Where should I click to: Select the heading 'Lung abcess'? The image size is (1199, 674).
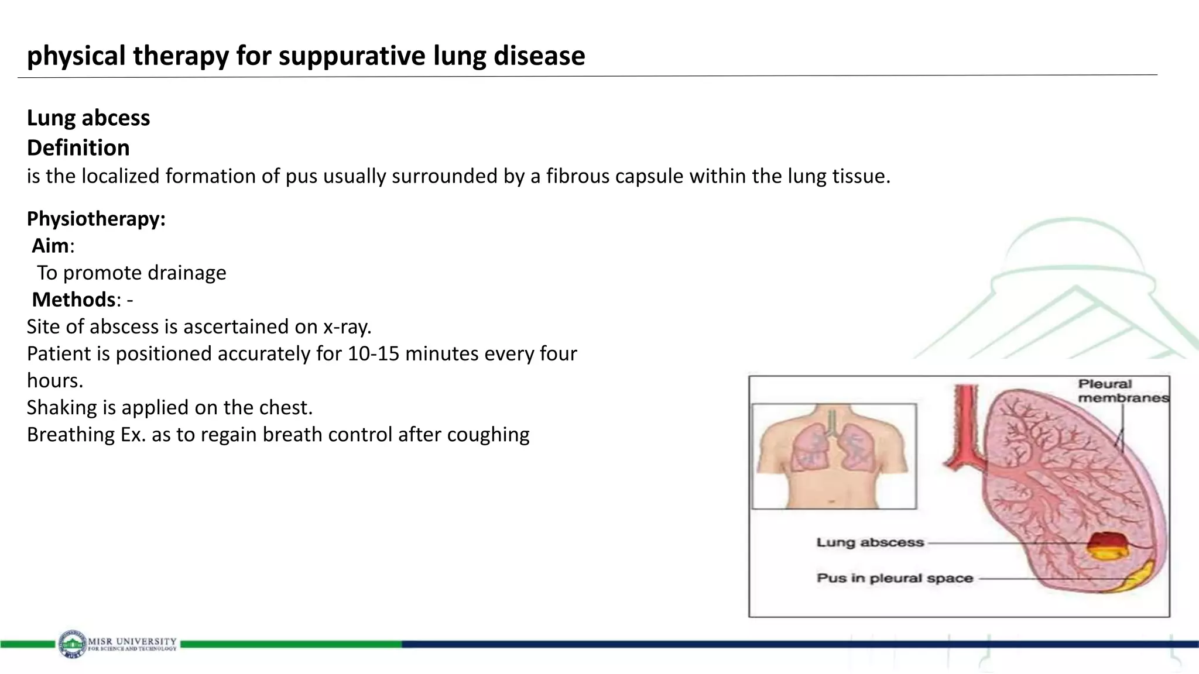88,118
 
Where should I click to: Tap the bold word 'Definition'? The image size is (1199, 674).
78,148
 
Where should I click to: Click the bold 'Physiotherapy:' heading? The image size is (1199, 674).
96,219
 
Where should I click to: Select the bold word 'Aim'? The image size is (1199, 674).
50,246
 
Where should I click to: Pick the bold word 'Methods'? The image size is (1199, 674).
74,300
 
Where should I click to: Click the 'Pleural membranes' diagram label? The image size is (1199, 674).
1122,391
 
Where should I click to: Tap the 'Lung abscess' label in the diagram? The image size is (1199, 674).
870,542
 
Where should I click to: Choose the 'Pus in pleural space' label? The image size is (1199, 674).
894,578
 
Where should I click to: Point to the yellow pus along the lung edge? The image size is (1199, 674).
1139,576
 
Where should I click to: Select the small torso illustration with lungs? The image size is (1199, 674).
834,456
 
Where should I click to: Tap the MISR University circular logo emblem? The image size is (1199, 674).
72,644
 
